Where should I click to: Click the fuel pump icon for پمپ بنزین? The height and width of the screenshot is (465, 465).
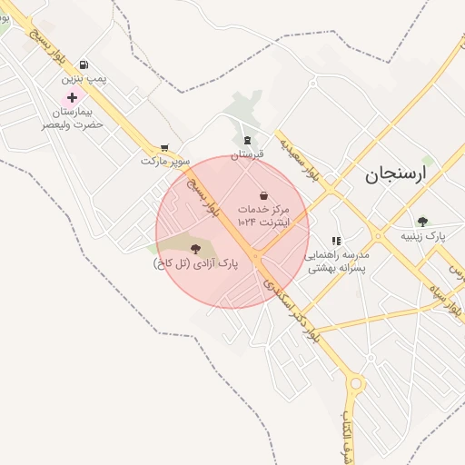[x=84, y=64]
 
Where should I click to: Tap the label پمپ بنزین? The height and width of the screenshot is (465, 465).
[x=84, y=80]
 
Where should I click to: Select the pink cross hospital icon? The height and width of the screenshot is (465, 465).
[x=72, y=96]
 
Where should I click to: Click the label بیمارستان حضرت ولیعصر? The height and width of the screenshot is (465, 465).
[x=71, y=116]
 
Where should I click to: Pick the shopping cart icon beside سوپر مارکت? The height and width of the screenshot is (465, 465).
[x=163, y=147]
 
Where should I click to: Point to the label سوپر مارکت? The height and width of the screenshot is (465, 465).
[x=165, y=161]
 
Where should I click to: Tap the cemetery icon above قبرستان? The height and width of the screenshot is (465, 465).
[x=247, y=139]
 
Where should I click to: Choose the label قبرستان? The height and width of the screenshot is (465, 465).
[x=246, y=154]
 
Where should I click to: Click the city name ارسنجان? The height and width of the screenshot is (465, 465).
[x=395, y=175]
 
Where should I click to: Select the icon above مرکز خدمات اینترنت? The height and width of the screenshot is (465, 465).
[x=263, y=194]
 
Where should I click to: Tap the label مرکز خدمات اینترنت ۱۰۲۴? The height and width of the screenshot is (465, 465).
[x=262, y=215]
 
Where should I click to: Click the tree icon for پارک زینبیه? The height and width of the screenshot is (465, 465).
[x=422, y=221]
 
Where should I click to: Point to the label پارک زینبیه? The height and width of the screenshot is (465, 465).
[x=424, y=235]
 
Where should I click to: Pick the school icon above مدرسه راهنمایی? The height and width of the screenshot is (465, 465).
[x=336, y=241]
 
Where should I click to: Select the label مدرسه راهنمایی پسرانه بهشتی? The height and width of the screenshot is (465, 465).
[x=336, y=262]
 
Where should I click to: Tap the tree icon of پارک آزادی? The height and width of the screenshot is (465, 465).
[x=195, y=248]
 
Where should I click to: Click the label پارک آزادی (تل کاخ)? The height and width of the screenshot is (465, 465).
[x=194, y=263]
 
